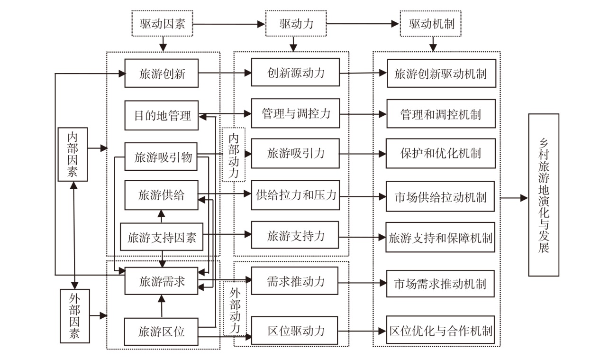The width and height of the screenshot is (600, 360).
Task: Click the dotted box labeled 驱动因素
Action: click(x=162, y=24)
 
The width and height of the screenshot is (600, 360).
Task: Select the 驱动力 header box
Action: click(x=296, y=24)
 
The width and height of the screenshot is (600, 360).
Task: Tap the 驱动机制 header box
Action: click(x=431, y=24)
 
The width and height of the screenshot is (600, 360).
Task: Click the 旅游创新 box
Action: click(x=162, y=73)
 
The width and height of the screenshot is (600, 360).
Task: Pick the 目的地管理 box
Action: click(x=162, y=115)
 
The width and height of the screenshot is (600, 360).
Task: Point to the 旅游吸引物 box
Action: click(x=161, y=157)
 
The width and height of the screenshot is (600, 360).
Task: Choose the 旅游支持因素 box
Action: click(x=162, y=237)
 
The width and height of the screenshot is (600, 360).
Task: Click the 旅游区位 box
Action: click(x=161, y=332)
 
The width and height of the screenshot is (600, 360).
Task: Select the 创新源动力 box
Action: click(x=295, y=73)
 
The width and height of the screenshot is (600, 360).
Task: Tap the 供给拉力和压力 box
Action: click(x=295, y=195)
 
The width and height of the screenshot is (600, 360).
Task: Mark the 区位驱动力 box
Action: click(x=294, y=331)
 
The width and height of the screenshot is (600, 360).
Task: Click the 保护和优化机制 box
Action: click(x=441, y=153)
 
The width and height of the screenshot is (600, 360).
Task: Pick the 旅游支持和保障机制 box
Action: click(x=440, y=237)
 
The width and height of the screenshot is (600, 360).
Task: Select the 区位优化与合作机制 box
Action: click(x=440, y=330)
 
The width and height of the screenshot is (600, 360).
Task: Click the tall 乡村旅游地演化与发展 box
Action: click(x=544, y=195)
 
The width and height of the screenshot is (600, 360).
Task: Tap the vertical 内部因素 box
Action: click(x=73, y=155)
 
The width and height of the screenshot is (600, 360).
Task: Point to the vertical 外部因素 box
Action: click(x=75, y=316)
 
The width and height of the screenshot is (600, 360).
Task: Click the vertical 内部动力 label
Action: click(x=234, y=155)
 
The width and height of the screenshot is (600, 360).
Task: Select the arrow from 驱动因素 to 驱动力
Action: click(x=229, y=24)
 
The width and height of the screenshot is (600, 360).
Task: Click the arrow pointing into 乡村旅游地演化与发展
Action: click(x=514, y=198)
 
